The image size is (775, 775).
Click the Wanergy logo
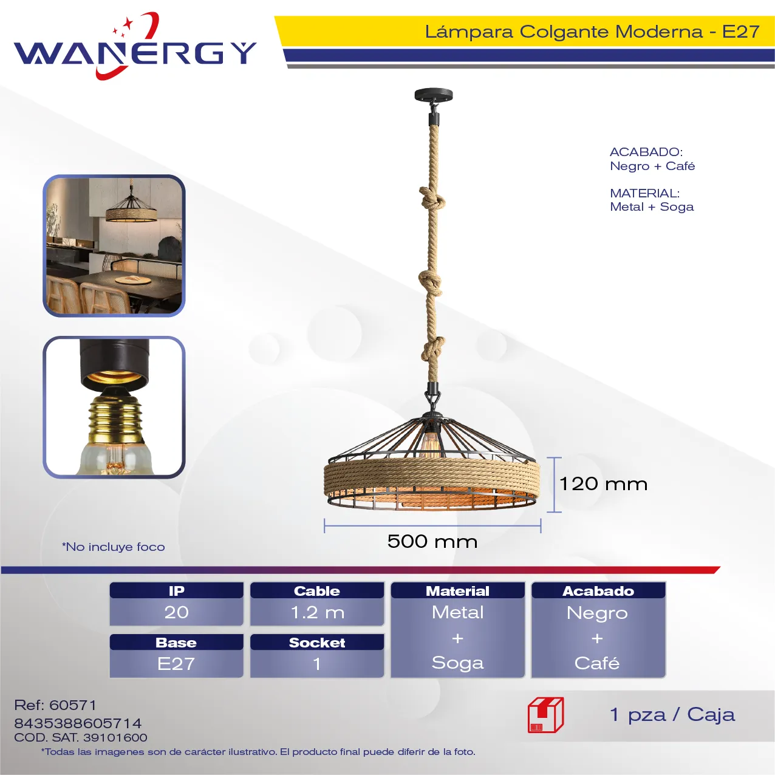click(x=135, y=46)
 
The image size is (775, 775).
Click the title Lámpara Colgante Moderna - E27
click(x=592, y=32)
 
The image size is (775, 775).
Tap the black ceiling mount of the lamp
click(x=434, y=96)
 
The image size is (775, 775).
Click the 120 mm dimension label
click(x=603, y=484)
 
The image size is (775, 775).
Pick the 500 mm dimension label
click(x=432, y=541)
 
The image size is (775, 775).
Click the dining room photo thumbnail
click(x=114, y=246)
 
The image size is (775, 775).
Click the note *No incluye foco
click(x=114, y=547)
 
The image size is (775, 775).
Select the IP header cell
click(x=177, y=590)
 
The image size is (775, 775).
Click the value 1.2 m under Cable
click(x=317, y=612)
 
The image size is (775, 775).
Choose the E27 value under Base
click(x=176, y=664)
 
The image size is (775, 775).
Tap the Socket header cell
click(x=317, y=642)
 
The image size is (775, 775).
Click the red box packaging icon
click(x=546, y=715)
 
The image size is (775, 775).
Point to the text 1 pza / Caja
click(x=672, y=715)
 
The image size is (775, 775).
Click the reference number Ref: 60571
click(x=55, y=705)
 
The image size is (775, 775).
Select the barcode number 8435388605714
click(x=78, y=723)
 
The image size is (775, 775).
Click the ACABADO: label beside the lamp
click(x=646, y=152)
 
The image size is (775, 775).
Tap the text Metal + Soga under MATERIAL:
click(x=652, y=207)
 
